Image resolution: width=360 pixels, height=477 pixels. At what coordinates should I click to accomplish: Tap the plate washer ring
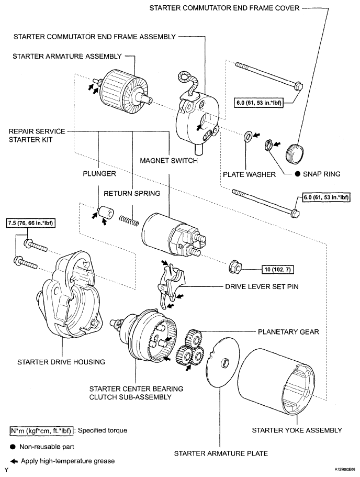pos(248,136)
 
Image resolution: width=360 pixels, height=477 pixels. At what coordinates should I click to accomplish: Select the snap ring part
pos(269,145)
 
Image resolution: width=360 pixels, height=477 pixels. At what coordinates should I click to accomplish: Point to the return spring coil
pos(129,220)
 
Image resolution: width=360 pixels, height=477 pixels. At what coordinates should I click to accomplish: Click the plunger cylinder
pos(105,212)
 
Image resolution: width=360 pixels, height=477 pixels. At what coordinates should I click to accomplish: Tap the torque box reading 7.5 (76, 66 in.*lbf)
pos(30,223)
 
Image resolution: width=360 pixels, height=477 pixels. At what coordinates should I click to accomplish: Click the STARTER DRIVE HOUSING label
pos(61,362)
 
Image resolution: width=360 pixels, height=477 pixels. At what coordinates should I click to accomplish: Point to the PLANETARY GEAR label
pos(288,331)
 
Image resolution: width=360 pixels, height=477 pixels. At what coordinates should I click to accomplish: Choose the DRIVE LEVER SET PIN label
pos(262,286)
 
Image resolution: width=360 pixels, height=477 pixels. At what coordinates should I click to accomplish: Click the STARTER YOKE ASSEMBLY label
pos(297,430)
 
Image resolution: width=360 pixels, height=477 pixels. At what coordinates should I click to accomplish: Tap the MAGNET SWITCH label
pos(168,160)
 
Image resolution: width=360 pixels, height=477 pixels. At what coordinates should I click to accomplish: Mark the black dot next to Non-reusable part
pos(13,447)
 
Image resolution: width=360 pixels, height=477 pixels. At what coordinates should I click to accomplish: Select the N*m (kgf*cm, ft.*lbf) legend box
pos(41,431)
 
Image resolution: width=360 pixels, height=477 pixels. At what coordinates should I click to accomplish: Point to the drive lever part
pos(170,284)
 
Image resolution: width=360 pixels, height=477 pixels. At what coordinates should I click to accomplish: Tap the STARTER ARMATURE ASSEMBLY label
pos(67,56)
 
